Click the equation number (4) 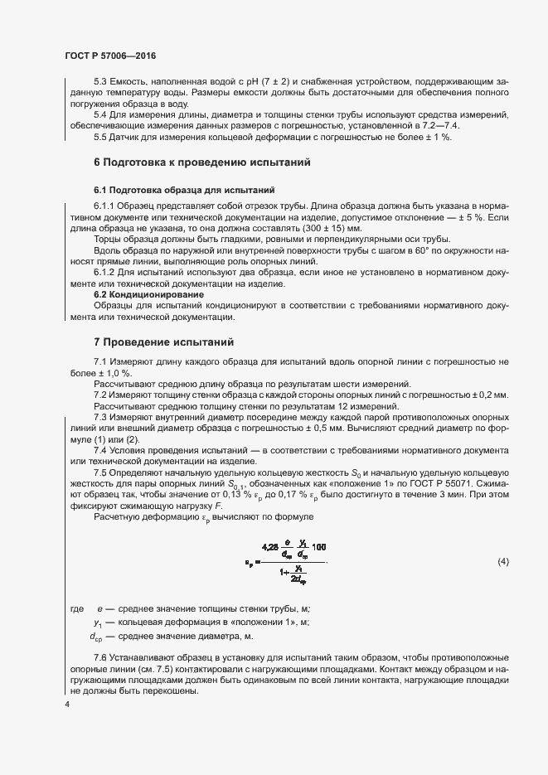pyautogui.click(x=502, y=562)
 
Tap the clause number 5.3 pyautogui.click(x=102, y=81)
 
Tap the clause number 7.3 pyautogui.click(x=102, y=416)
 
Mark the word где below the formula pyautogui.click(x=75, y=609)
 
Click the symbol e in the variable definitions pyautogui.click(x=100, y=609)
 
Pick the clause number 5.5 pyautogui.click(x=102, y=137)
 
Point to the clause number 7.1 pyautogui.click(x=102, y=361)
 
